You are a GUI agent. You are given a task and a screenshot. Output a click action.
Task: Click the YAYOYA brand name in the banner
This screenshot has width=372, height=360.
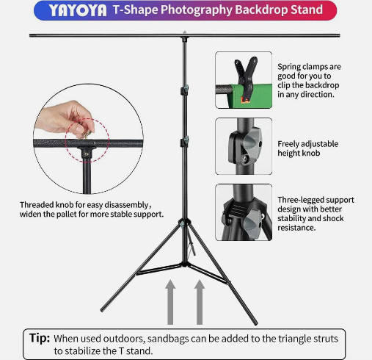click(x=78, y=10)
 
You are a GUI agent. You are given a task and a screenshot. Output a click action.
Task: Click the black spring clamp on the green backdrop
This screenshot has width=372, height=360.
click(x=246, y=79)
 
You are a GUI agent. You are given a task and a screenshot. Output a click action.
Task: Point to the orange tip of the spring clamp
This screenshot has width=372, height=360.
click(x=245, y=99)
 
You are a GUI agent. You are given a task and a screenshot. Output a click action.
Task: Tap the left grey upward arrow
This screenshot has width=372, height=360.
click(x=170, y=302)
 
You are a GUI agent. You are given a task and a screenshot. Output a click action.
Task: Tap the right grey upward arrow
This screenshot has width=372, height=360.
click(x=200, y=302)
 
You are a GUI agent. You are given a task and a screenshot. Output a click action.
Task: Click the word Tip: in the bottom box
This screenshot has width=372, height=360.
click(x=40, y=338)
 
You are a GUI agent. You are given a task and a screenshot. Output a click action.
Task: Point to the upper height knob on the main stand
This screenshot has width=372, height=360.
click(x=185, y=90)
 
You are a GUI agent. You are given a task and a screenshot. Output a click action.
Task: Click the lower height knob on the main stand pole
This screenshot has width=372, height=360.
click(x=185, y=142)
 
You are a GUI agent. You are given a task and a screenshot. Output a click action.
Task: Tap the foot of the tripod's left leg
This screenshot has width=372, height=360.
click(x=102, y=310)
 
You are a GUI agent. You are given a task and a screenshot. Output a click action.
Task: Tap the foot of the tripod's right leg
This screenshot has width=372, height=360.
click(x=256, y=324)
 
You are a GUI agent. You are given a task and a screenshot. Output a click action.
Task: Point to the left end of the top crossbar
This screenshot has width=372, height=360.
click(x=30, y=35)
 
